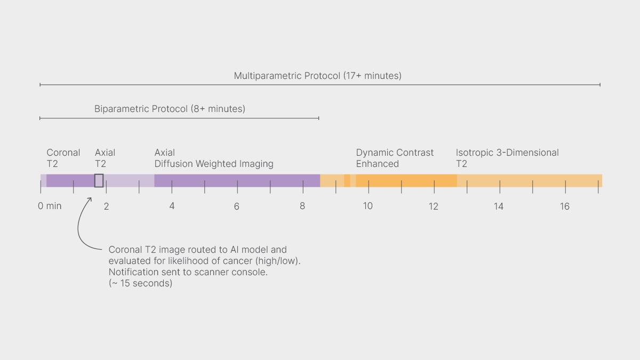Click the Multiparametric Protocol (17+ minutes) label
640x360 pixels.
point(317,76)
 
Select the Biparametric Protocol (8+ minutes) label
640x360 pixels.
point(170,109)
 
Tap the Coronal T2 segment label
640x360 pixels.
point(63,158)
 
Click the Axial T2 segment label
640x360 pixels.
point(105,158)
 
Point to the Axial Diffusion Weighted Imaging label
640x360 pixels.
point(213,158)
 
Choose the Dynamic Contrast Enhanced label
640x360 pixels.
point(395,158)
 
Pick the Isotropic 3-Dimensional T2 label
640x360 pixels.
point(507,158)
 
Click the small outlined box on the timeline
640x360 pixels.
point(99,180)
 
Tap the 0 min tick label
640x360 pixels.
point(50,206)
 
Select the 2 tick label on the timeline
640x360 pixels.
point(106,206)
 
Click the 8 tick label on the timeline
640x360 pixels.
point(302,206)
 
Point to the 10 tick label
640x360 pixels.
point(367,206)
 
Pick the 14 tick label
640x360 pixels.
point(498,206)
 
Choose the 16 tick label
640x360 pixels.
point(564,206)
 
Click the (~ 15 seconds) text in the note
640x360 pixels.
point(140,284)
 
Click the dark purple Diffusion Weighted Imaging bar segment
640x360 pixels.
point(237,180)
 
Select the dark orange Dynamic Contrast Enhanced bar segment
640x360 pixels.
point(406,180)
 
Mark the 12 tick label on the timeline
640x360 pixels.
point(433,206)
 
